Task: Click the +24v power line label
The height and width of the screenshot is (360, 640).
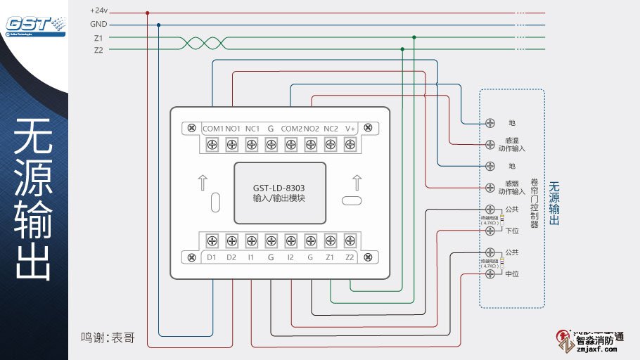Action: (99, 11)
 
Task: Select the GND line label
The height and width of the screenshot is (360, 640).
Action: (98, 24)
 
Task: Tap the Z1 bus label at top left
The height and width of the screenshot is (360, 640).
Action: (98, 37)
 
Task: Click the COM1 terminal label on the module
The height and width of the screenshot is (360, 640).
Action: (212, 129)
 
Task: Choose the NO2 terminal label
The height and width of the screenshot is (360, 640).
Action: (312, 129)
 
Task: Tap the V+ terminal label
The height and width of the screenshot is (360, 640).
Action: (350, 129)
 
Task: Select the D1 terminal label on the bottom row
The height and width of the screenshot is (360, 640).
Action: (211, 257)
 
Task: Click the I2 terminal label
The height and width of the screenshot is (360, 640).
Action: (290, 257)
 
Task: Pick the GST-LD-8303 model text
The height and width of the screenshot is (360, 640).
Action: (279, 188)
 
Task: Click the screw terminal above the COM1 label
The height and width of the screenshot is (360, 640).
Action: (212, 144)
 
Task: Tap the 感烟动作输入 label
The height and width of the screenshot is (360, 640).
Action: (512, 187)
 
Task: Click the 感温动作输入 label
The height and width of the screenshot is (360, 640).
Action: (512, 145)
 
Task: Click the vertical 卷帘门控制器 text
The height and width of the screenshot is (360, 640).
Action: (535, 202)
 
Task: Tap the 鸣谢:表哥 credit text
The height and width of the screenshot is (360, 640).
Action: (108, 337)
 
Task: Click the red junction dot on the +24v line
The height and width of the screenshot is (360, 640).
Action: (147, 13)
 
